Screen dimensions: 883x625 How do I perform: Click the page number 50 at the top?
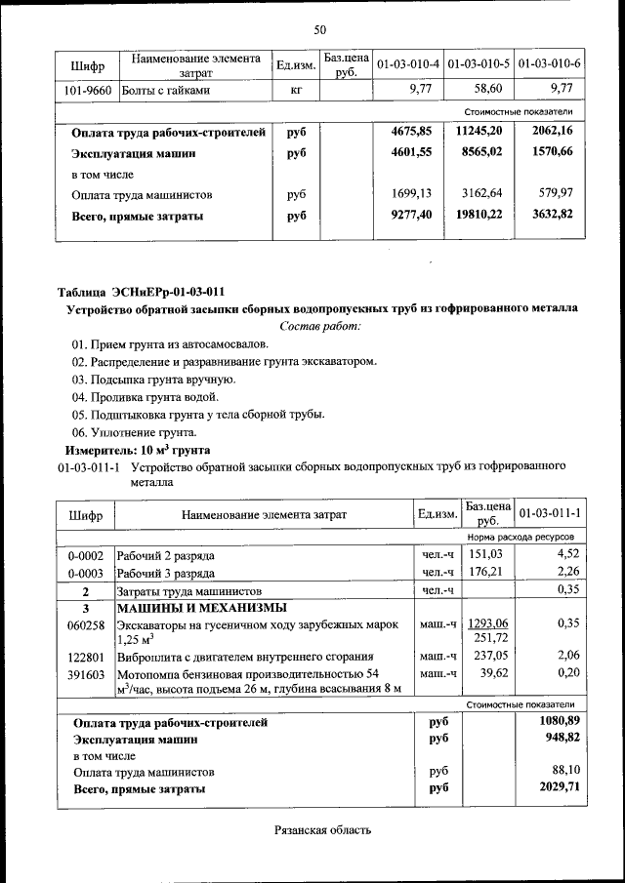tap(319, 30)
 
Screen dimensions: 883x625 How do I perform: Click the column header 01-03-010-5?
tap(479, 64)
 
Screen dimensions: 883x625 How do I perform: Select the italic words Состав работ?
tap(320, 326)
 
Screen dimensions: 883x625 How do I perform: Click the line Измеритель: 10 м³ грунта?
tap(138, 450)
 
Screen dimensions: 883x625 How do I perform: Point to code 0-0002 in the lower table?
tap(86, 555)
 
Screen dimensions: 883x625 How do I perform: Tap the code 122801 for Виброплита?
tap(86, 657)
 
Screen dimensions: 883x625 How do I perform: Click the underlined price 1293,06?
tap(488, 623)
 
